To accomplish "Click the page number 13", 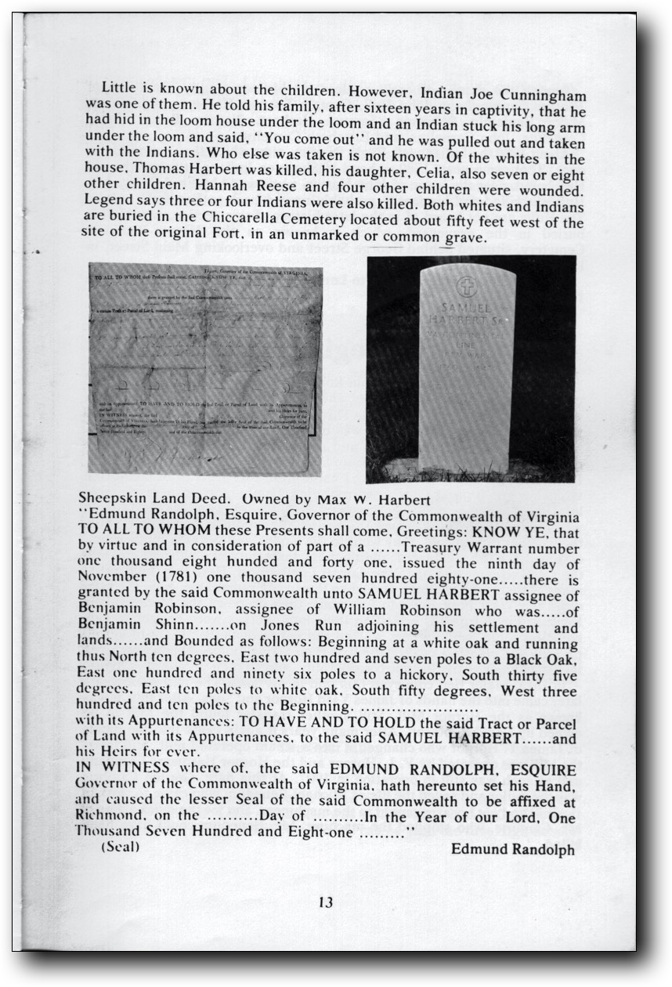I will pos(326,902).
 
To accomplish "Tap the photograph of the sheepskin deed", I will pos(205,368).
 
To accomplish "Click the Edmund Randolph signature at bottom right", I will pos(513,850).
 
